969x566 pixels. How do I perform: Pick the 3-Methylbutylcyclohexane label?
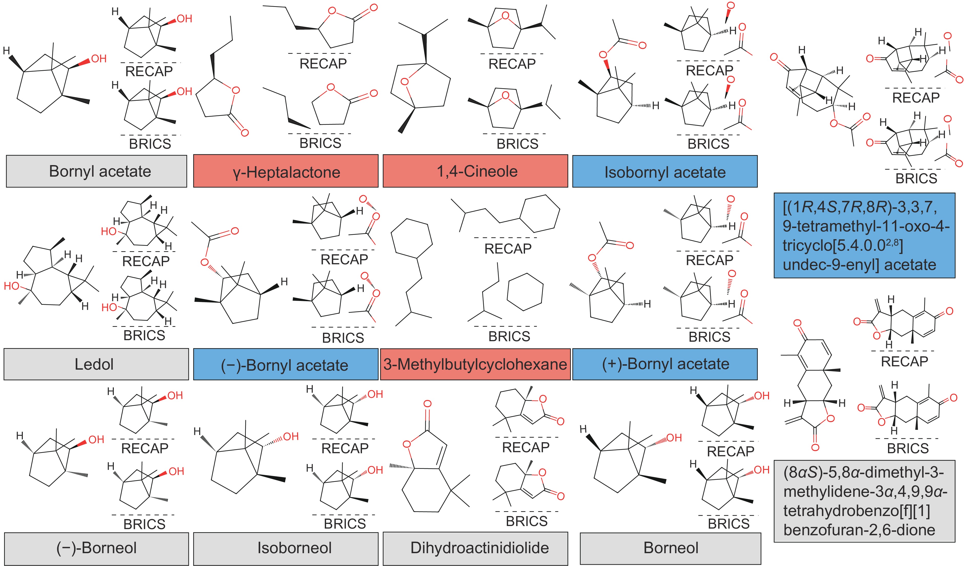pos(475,364)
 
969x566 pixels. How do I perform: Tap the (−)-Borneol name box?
pos(96,548)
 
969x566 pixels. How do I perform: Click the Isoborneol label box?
pos(294,548)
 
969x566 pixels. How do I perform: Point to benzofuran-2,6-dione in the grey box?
pos(859,530)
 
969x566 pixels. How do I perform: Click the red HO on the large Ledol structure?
pos(12,286)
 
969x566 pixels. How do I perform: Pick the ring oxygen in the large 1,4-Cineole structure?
pos(404,82)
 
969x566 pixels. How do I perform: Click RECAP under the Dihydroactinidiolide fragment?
pos(526,447)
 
